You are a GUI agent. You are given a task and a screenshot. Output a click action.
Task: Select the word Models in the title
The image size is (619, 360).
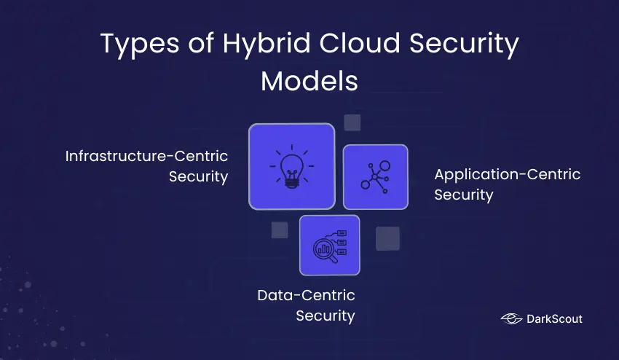point(309,81)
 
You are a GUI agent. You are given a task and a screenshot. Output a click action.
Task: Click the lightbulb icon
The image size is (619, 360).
point(291,167)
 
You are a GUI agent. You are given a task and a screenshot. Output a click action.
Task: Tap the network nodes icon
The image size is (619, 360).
point(375,176)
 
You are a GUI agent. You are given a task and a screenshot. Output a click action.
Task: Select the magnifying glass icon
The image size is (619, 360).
point(329,245)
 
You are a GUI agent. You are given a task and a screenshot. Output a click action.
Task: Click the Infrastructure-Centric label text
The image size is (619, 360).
point(146,157)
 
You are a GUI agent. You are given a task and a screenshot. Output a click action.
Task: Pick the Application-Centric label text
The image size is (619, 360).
point(507,175)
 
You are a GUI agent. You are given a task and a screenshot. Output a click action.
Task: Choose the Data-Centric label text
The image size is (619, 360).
point(306,295)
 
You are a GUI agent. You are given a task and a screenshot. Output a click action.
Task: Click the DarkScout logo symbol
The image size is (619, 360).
point(511,318)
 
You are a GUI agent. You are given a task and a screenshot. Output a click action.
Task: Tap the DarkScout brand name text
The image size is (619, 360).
point(554,318)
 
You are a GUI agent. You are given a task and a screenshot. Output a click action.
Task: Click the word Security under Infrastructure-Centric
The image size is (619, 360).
point(198,177)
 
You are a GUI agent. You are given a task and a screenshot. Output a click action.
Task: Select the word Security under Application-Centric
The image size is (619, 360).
point(464,195)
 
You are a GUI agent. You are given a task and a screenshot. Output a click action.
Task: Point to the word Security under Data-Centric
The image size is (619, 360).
point(325,316)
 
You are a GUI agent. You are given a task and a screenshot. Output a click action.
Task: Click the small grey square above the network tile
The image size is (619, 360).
point(352,122)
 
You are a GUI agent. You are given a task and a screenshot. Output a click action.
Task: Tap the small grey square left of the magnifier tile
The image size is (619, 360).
point(280,230)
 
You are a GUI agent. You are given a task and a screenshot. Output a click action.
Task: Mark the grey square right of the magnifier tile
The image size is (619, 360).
point(387,238)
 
